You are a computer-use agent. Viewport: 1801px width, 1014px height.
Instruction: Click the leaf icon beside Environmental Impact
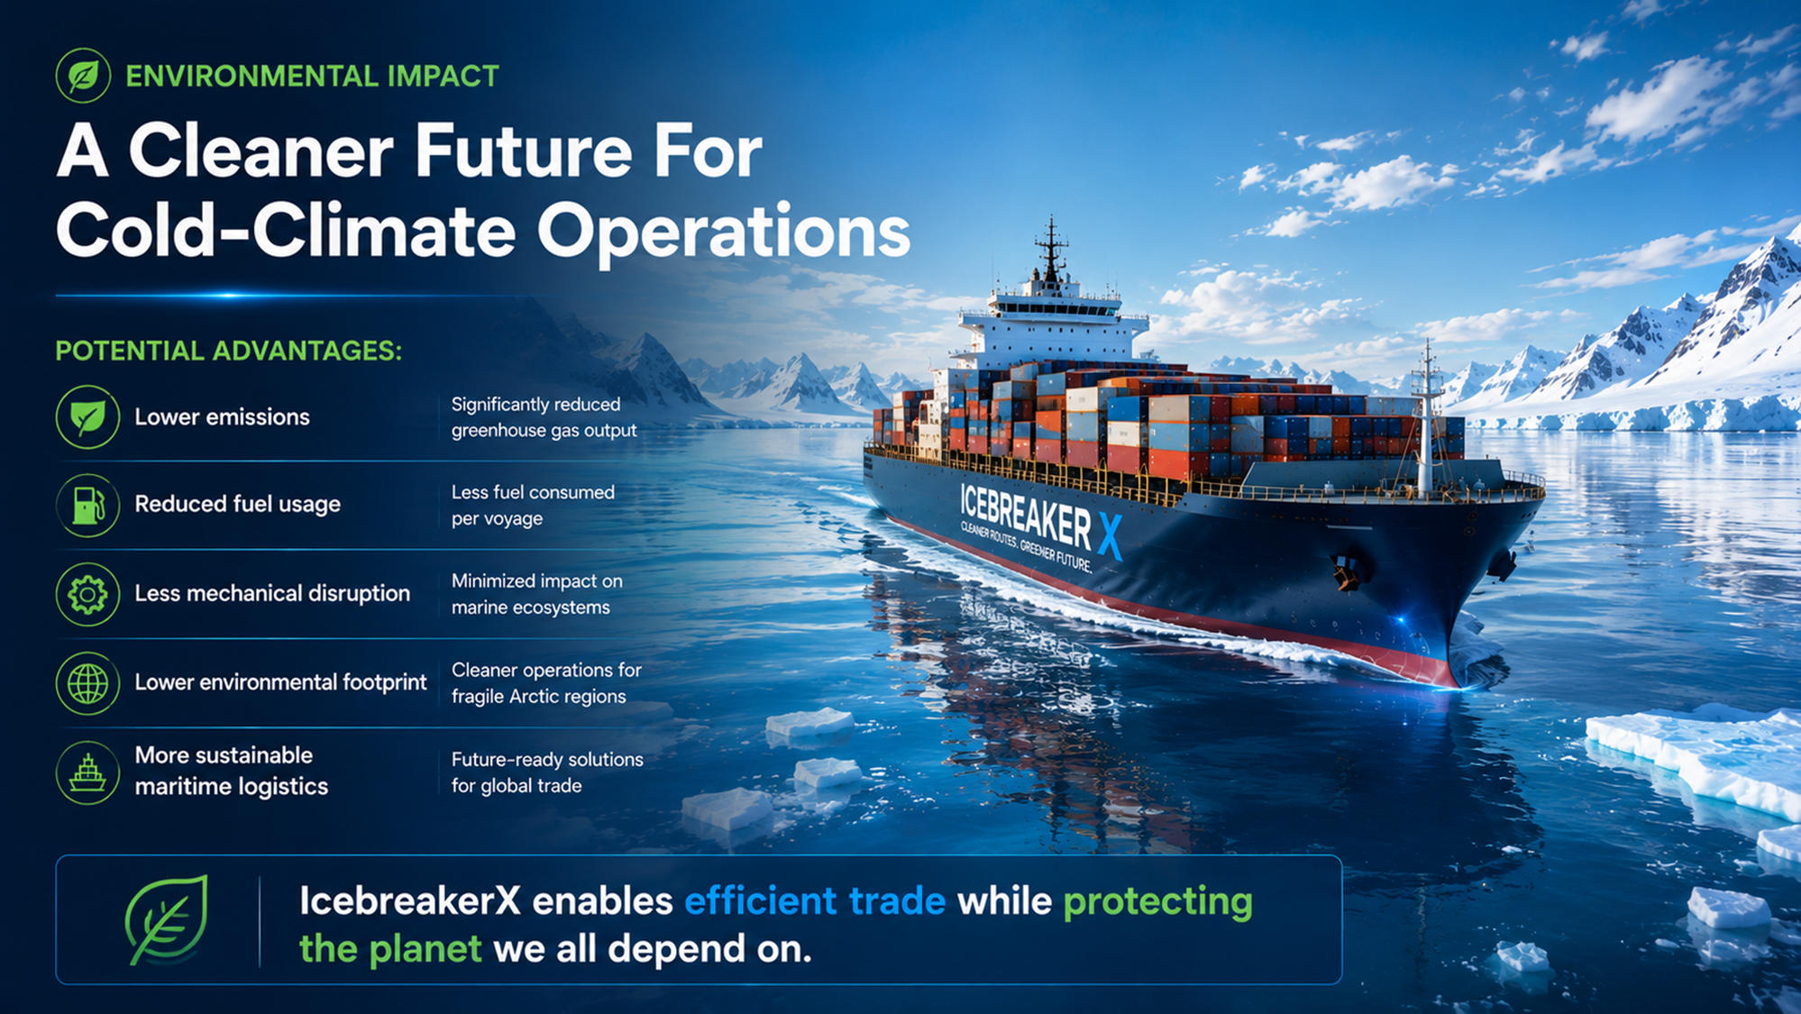pos(83,76)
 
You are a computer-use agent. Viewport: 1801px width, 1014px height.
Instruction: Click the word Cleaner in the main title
pos(261,151)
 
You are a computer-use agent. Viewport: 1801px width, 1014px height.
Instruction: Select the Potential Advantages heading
pos(229,351)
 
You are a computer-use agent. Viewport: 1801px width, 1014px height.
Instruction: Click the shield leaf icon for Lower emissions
pos(87,417)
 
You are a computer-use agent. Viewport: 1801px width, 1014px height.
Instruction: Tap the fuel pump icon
pos(87,506)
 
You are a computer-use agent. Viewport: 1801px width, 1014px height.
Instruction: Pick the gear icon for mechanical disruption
pos(87,594)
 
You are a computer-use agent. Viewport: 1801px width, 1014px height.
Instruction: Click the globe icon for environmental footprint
pos(87,683)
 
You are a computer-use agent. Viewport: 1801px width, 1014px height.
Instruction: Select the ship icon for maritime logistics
pos(87,772)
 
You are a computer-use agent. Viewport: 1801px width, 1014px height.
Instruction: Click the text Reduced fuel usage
pos(238,504)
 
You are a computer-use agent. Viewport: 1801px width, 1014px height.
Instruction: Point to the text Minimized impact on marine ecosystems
pos(537,594)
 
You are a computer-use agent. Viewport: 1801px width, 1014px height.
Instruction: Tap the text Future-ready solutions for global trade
pos(547,772)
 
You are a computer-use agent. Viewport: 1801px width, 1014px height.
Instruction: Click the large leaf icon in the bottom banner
pos(167,919)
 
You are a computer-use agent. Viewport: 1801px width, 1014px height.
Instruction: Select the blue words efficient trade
pos(815,900)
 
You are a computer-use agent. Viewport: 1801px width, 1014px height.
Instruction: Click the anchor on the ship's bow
pos(1347,573)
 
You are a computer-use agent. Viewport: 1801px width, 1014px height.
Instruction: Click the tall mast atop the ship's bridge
pos(1051,249)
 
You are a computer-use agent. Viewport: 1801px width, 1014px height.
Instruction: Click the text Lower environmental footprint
pos(281,682)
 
